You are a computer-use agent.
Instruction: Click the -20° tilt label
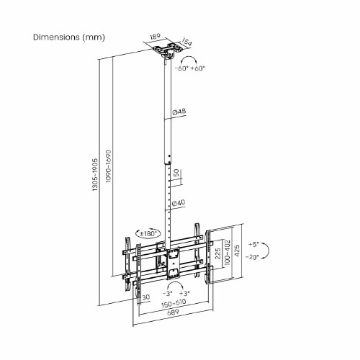(x=251, y=256)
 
